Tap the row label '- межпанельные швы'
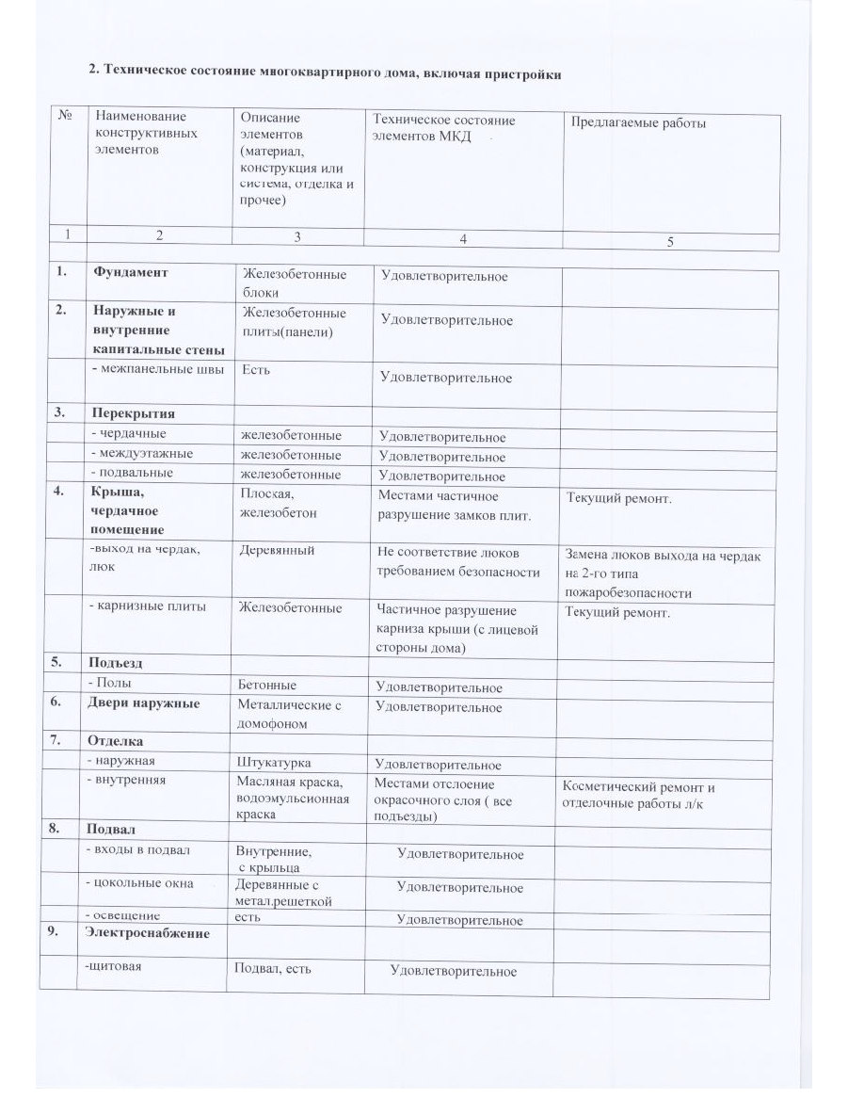(157, 369)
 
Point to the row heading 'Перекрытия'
(134, 413)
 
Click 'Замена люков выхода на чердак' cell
(664, 573)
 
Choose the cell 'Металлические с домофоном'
(289, 713)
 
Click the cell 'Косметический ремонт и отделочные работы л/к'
(639, 794)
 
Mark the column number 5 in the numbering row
(670, 241)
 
